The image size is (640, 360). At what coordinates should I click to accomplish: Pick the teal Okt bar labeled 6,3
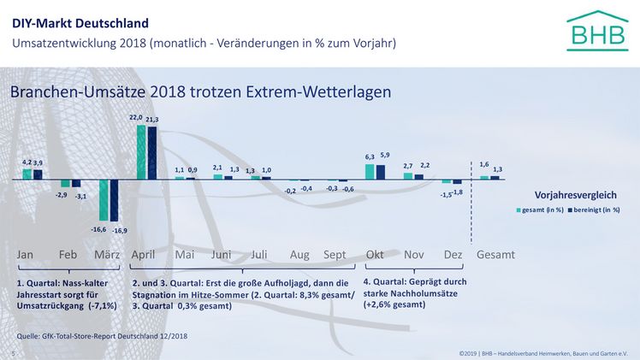(x=370, y=171)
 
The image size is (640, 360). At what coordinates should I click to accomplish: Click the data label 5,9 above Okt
(x=385, y=155)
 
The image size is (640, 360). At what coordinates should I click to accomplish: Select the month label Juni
(x=221, y=255)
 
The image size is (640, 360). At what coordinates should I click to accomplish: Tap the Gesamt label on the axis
(x=495, y=255)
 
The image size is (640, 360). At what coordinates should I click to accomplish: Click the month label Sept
(x=335, y=255)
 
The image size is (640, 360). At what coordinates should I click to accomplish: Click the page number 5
(x=13, y=353)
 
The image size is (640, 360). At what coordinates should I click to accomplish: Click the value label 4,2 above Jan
(x=26, y=162)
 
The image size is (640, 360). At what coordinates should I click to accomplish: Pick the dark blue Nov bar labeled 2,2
(x=418, y=176)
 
